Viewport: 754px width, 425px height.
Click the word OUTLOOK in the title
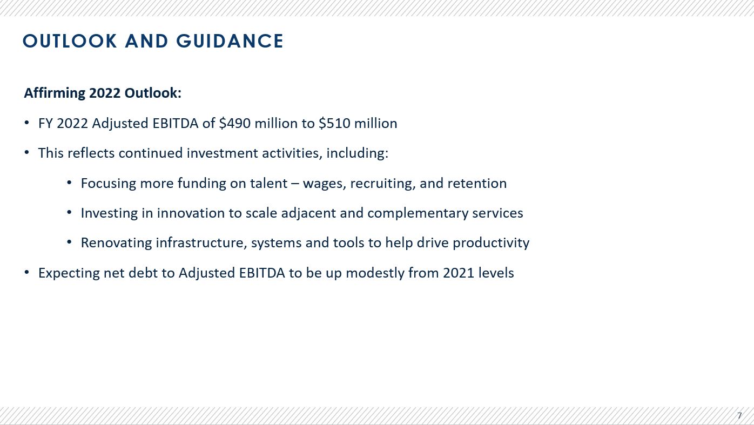coord(70,41)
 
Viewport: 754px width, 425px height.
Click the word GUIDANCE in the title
coord(230,41)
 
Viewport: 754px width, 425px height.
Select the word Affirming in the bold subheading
coord(55,93)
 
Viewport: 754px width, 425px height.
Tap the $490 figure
coord(234,123)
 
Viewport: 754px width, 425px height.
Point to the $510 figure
coord(334,123)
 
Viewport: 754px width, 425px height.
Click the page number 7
coord(739,416)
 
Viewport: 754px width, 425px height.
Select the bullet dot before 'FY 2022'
coord(26,123)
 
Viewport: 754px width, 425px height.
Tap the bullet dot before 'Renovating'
coord(69,242)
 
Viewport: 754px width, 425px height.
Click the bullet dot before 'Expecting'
coord(26,272)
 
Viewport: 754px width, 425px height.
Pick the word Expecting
coord(69,273)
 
